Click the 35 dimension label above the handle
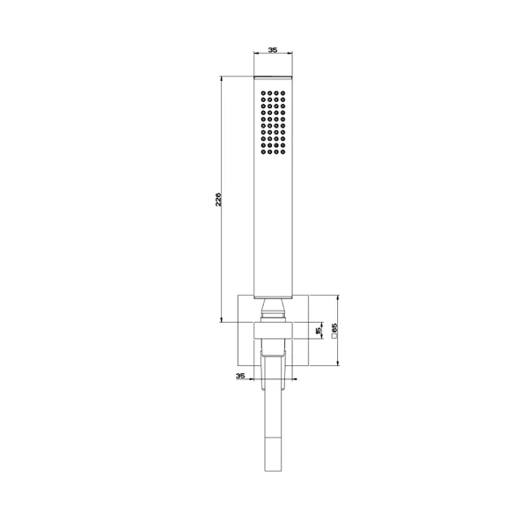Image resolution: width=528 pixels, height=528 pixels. [273, 50]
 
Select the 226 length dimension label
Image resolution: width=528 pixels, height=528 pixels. [218, 200]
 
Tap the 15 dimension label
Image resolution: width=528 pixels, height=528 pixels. [319, 331]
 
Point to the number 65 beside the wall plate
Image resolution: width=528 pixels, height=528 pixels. [334, 327]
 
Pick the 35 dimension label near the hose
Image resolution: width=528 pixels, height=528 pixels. [240, 376]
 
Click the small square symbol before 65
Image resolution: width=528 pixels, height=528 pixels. [334, 336]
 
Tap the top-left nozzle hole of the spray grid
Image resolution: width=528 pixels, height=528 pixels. [263, 93]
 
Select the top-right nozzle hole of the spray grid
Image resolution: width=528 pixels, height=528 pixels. [282, 93]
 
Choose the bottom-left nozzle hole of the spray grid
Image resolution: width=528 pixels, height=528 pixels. [263, 152]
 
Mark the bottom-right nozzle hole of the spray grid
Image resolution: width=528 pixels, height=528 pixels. [282, 152]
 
